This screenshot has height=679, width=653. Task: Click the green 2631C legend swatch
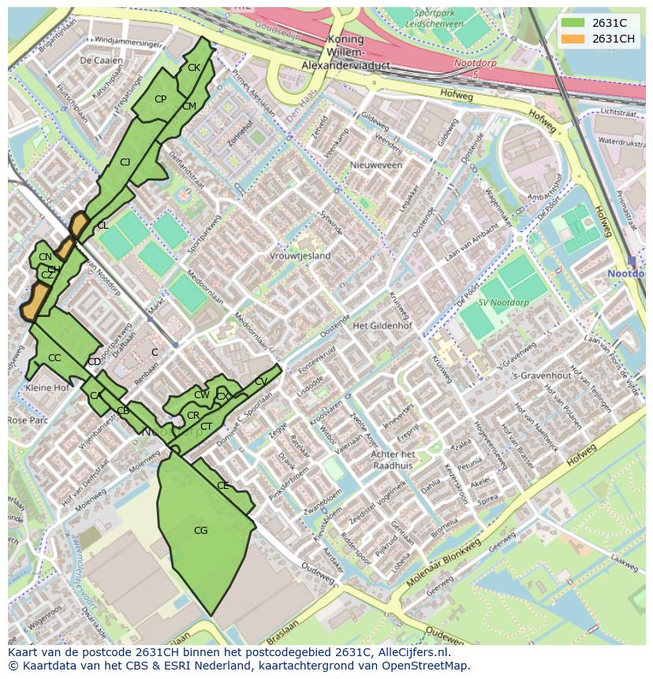pos(573,23)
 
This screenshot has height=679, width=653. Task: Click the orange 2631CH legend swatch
pos(573,39)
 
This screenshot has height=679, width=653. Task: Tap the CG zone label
pos(200,531)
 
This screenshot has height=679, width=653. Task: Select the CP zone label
pos(160,99)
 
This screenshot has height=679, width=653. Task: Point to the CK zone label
pos(194,68)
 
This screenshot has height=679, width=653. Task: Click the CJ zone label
pos(125,162)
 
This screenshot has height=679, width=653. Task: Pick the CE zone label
pos(222,486)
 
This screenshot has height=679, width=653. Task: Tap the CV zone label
pos(261,382)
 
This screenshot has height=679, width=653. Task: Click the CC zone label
pos(54,358)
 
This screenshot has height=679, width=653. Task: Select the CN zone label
pos(45,257)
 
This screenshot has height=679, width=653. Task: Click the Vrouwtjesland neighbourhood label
pos(300,256)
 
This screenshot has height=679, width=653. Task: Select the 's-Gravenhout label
pos(541,375)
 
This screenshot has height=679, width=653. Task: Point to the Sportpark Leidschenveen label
pos(439,19)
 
